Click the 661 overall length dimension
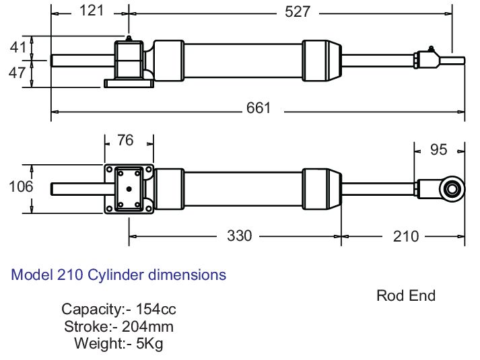point(258,108)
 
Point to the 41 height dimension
point(19,47)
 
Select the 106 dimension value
point(21,187)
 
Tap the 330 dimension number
point(239,236)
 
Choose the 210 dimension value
point(405,236)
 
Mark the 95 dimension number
point(438,149)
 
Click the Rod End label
point(406,295)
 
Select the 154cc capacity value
point(156,310)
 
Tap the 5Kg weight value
point(149,344)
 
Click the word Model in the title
point(32,275)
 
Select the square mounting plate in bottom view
point(128,188)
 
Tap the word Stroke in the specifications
point(86,327)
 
